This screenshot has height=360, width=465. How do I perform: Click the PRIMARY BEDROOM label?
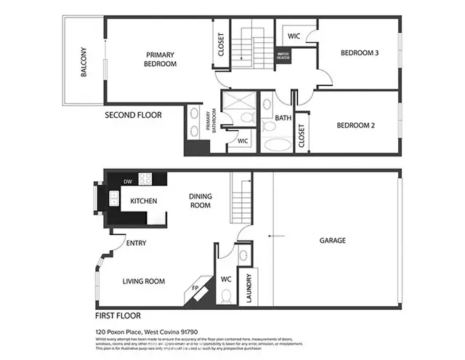click(161, 59)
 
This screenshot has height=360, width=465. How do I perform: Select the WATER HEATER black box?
click(283, 55)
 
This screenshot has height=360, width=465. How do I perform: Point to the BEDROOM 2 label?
click(355, 125)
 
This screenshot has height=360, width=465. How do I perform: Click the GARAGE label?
click(333, 240)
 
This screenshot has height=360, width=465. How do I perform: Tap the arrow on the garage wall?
click(275, 235)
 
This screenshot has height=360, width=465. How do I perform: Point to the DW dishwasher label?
click(127, 181)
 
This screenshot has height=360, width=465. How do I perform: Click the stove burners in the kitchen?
click(145, 180)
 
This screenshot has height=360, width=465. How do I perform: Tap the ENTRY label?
click(136, 243)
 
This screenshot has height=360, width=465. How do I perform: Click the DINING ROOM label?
click(200, 201)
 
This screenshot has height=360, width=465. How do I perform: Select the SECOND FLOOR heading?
click(133, 115)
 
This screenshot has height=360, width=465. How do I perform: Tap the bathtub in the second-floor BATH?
click(277, 143)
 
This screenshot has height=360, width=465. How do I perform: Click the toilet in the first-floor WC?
click(226, 295)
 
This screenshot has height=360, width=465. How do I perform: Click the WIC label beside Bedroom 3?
click(294, 36)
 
